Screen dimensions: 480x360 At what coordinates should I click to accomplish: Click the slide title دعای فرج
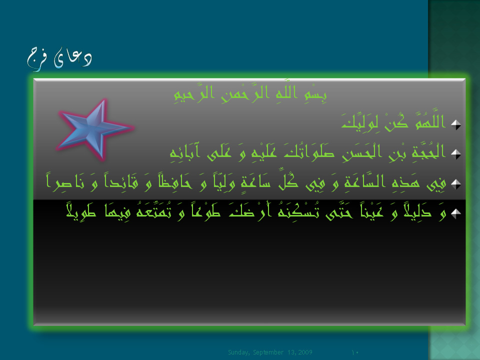click(x=59, y=59)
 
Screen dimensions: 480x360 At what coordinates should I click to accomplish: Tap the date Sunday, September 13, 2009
click(x=270, y=352)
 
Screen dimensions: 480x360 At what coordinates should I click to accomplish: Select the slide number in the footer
click(x=355, y=352)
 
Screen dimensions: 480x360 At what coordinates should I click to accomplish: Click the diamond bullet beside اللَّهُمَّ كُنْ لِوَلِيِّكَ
click(x=456, y=124)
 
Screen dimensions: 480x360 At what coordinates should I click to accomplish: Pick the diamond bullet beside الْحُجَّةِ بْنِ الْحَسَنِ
click(x=456, y=154)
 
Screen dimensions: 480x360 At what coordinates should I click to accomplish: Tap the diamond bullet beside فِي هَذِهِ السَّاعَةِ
click(x=456, y=184)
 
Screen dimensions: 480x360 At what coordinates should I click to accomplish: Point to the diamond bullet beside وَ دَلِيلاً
click(x=456, y=213)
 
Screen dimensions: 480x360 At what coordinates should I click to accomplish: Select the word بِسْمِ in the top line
click(x=315, y=93)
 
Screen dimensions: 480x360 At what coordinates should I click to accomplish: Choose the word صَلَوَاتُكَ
click(x=309, y=151)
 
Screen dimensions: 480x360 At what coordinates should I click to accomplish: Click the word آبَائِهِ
click(x=185, y=151)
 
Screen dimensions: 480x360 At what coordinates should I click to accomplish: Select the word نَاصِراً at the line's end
click(x=65, y=182)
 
